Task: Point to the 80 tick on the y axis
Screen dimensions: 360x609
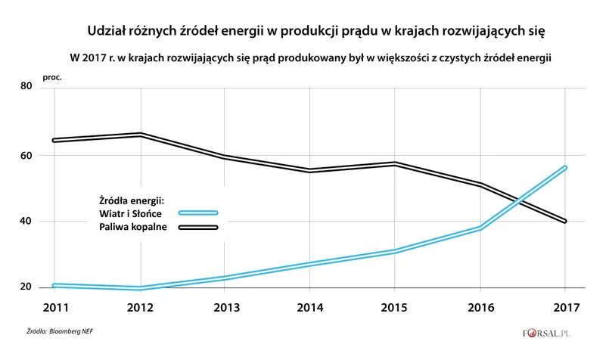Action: click(x=25, y=88)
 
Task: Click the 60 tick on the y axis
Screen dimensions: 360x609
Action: click(x=25, y=155)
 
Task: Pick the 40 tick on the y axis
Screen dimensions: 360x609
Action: click(x=25, y=222)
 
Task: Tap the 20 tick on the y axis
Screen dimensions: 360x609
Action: click(x=25, y=287)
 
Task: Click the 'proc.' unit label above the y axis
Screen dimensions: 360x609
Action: click(x=51, y=76)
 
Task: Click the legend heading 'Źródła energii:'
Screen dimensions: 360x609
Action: click(x=132, y=200)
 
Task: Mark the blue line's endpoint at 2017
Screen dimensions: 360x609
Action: click(x=564, y=167)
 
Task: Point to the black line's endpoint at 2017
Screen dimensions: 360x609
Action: click(x=564, y=221)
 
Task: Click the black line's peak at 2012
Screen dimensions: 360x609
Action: click(x=141, y=135)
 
